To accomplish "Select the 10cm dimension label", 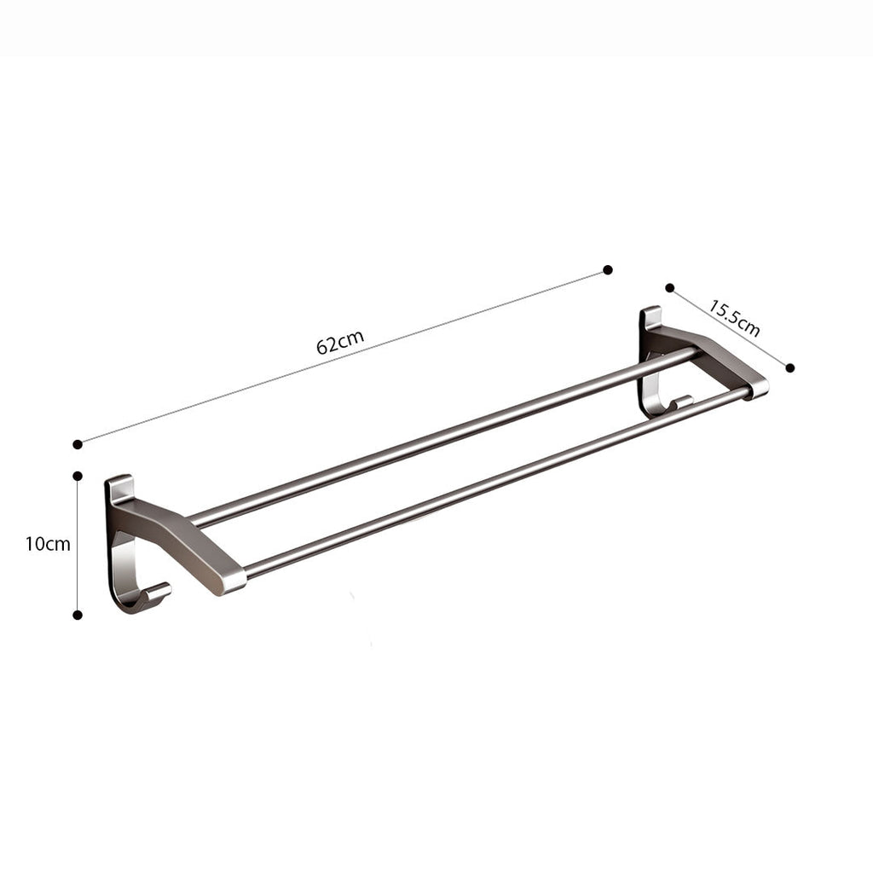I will tap(48, 544).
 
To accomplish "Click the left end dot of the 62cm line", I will tap(78, 443).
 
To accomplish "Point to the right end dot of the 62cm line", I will tap(608, 269).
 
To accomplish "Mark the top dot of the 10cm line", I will tap(78, 476).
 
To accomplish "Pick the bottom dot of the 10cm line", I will tap(78, 614).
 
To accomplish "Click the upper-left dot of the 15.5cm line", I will tap(670, 288).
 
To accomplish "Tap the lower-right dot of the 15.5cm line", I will tap(790, 367).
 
